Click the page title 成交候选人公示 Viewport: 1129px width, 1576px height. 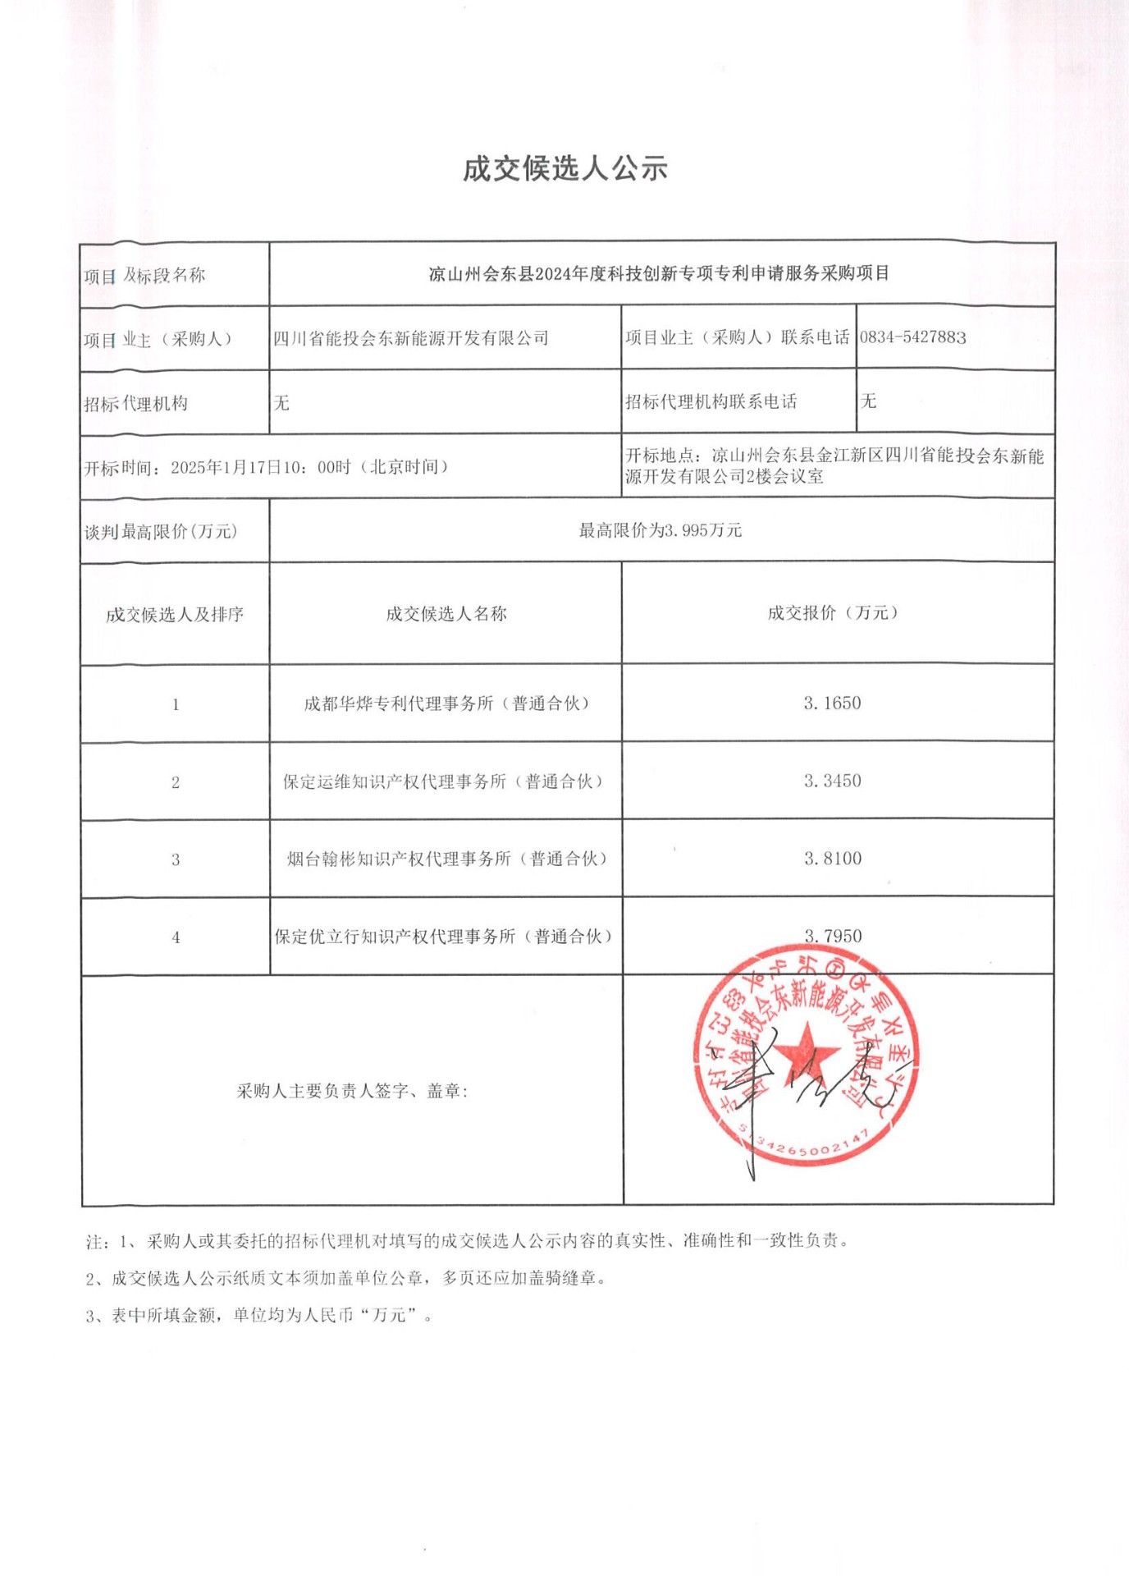pyautogui.click(x=564, y=169)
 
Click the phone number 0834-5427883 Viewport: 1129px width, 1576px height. pyautogui.click(x=912, y=337)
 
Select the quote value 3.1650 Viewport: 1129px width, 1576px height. pyautogui.click(x=832, y=703)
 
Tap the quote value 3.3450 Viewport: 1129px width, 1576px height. pyautogui.click(x=832, y=781)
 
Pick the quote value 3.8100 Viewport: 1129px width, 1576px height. pyautogui.click(x=832, y=859)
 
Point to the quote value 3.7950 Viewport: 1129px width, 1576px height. pyautogui.click(x=832, y=936)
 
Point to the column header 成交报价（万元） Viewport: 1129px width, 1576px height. pyautogui.click(x=832, y=613)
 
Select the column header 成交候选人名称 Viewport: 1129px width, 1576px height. pyautogui.click(x=446, y=614)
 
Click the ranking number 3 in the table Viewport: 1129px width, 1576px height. pyautogui.click(x=175, y=860)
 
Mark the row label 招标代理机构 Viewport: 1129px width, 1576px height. pyautogui.click(x=135, y=403)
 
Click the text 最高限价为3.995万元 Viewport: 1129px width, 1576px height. pyautogui.click(x=660, y=531)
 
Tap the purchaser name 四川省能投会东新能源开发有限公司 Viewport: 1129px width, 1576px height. pyautogui.click(x=410, y=338)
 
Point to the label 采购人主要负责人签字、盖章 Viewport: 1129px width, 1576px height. pyautogui.click(x=351, y=1091)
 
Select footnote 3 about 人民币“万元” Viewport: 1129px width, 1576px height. pyautogui.click(x=258, y=1315)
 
